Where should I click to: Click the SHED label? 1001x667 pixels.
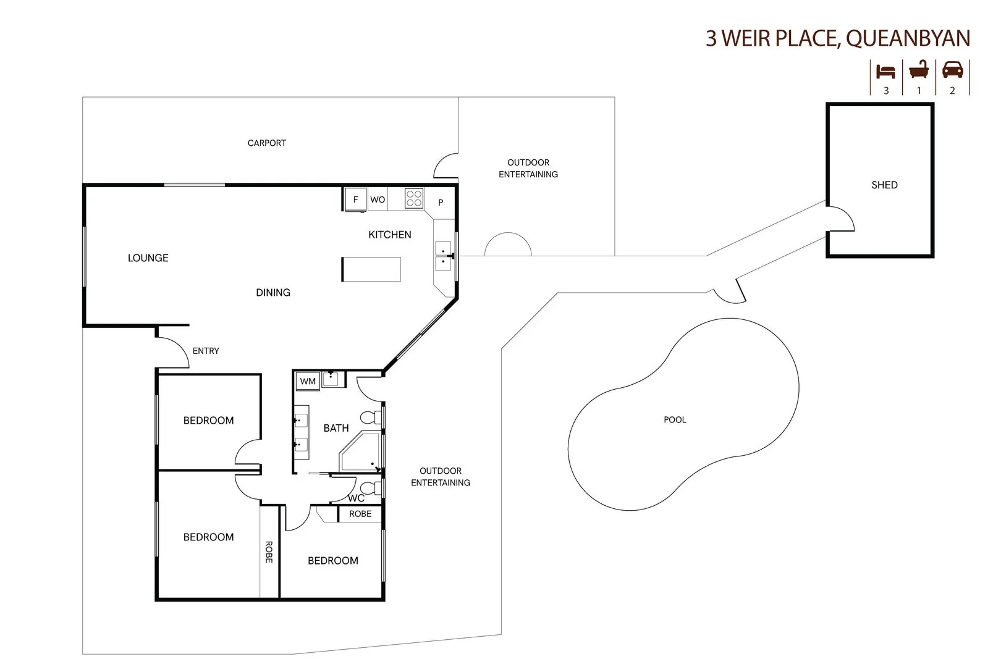[x=884, y=185]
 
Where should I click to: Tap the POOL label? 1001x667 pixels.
[x=675, y=419]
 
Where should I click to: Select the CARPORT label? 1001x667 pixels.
[x=266, y=143]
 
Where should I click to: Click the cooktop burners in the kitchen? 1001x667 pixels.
[x=414, y=198]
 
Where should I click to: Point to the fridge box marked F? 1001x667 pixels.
[x=355, y=199]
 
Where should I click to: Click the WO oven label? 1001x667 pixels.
[x=378, y=199]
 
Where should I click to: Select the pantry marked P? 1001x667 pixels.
[x=441, y=202]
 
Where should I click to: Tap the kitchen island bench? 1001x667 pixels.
[x=371, y=269]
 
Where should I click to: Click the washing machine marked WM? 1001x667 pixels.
[x=308, y=381]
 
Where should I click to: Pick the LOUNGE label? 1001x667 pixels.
[x=148, y=258]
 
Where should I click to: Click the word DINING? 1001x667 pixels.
[x=272, y=292]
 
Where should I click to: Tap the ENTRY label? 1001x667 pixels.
[x=206, y=350]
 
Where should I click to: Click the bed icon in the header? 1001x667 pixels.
[x=886, y=71]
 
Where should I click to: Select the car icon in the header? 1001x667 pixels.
[x=952, y=70]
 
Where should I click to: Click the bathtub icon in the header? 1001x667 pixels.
[x=919, y=70]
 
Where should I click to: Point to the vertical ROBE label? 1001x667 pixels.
[x=269, y=552]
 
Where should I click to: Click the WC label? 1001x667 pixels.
[x=356, y=498]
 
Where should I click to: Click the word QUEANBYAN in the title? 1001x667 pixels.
[x=908, y=38]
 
